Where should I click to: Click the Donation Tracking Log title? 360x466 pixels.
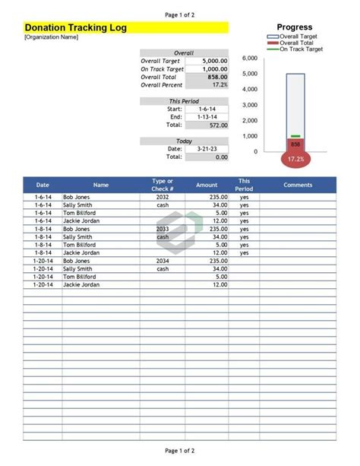(x=76, y=27)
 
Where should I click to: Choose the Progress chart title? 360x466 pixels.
(x=295, y=27)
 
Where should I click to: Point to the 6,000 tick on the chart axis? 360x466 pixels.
(x=249, y=59)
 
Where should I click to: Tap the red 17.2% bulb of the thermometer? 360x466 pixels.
(x=295, y=159)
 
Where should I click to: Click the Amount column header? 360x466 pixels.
(x=207, y=185)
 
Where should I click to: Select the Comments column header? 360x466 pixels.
(x=298, y=185)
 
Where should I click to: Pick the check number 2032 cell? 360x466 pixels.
(x=163, y=197)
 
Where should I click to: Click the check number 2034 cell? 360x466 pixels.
(x=163, y=261)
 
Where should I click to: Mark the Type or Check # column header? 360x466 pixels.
(x=163, y=185)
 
